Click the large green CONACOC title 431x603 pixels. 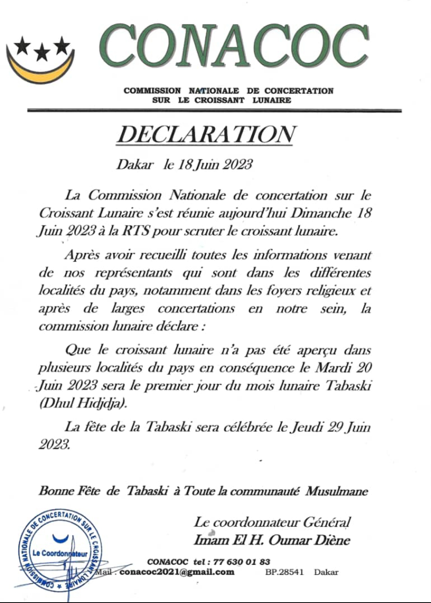[x=234, y=46]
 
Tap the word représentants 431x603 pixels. [x=133, y=273]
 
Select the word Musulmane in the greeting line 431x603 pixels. [x=336, y=491]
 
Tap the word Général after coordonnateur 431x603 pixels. [x=327, y=522]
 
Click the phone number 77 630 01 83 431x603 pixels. [x=242, y=562]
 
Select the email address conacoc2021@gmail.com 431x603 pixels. [x=177, y=572]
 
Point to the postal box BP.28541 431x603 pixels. [x=285, y=572]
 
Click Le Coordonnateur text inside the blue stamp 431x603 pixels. [x=60, y=553]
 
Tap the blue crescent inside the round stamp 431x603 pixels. [x=60, y=539]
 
